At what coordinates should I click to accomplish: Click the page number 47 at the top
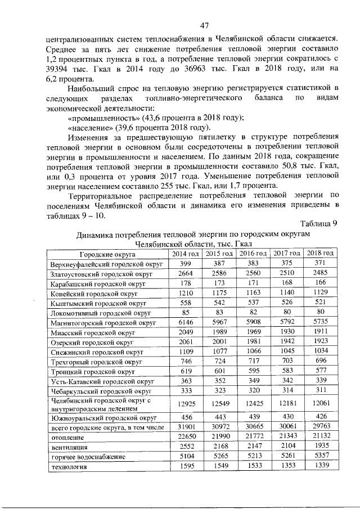click(204, 25)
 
